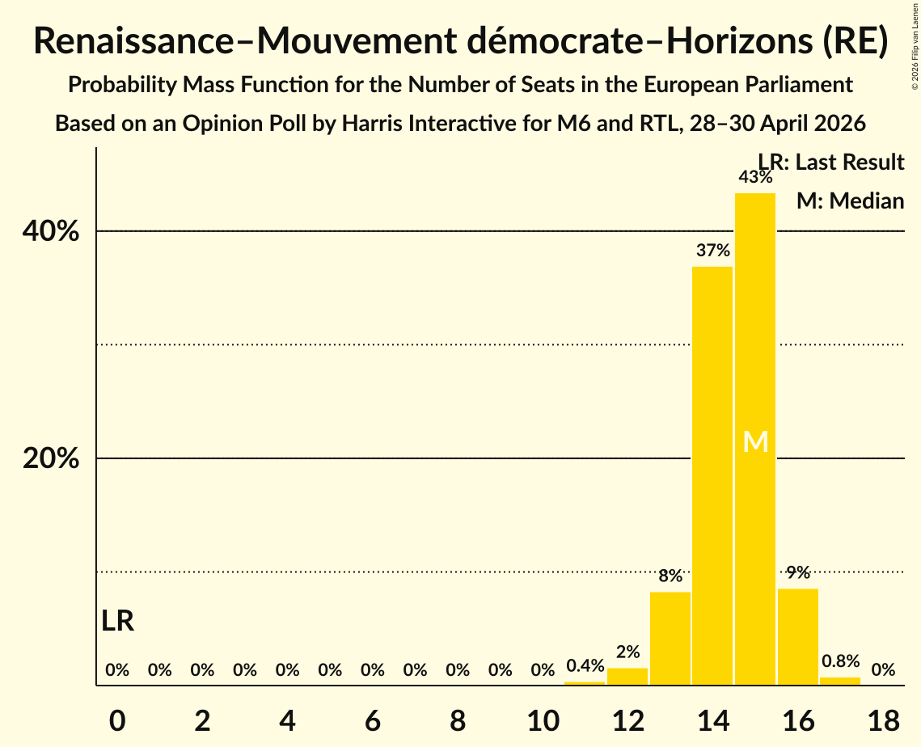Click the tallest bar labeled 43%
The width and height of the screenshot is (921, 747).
755,439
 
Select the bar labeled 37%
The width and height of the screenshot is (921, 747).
712,475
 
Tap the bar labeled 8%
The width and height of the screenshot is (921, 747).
670,639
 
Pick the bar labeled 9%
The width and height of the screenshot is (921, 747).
797,636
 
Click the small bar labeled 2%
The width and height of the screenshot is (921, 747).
627,677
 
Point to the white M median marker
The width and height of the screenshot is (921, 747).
755,441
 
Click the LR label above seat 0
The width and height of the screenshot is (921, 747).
117,621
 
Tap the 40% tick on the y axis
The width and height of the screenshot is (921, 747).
50,230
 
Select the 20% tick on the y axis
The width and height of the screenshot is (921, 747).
50,458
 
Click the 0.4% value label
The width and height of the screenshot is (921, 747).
585,665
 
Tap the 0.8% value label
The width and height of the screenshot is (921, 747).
840,661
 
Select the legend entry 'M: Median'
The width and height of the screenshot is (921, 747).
850,200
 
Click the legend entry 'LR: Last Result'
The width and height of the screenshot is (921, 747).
831,162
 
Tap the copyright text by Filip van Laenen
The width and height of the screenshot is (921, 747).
915,46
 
